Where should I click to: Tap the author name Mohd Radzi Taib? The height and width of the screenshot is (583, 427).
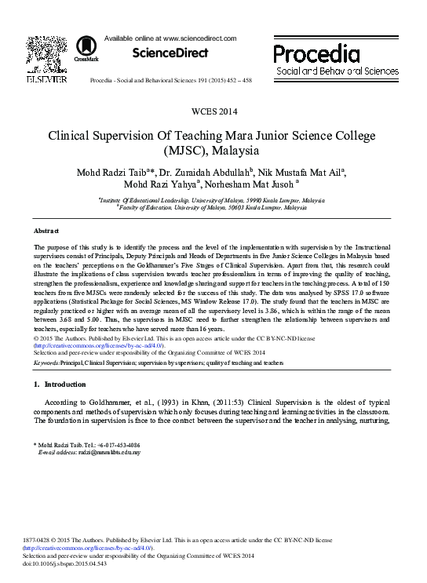point(111,172)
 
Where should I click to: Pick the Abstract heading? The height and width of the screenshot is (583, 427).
point(46,231)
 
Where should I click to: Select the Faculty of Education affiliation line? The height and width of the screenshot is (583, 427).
point(213,208)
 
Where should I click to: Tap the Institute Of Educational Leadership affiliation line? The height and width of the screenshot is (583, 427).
point(213,200)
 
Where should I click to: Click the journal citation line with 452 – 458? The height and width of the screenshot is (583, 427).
point(171,80)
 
